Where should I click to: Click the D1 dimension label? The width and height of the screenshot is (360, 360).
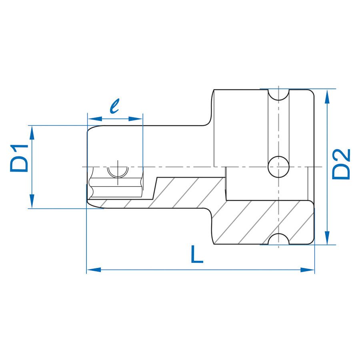pos(20,159)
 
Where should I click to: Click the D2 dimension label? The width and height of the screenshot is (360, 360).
pos(342,164)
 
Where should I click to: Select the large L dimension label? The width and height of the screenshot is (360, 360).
pos(196,255)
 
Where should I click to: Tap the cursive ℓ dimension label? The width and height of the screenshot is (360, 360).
pos(115,106)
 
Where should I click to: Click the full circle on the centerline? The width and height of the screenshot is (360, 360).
pos(278,167)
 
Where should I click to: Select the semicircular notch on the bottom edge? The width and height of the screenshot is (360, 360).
pos(278,240)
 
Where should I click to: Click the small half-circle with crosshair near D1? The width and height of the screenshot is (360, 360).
pos(118,172)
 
